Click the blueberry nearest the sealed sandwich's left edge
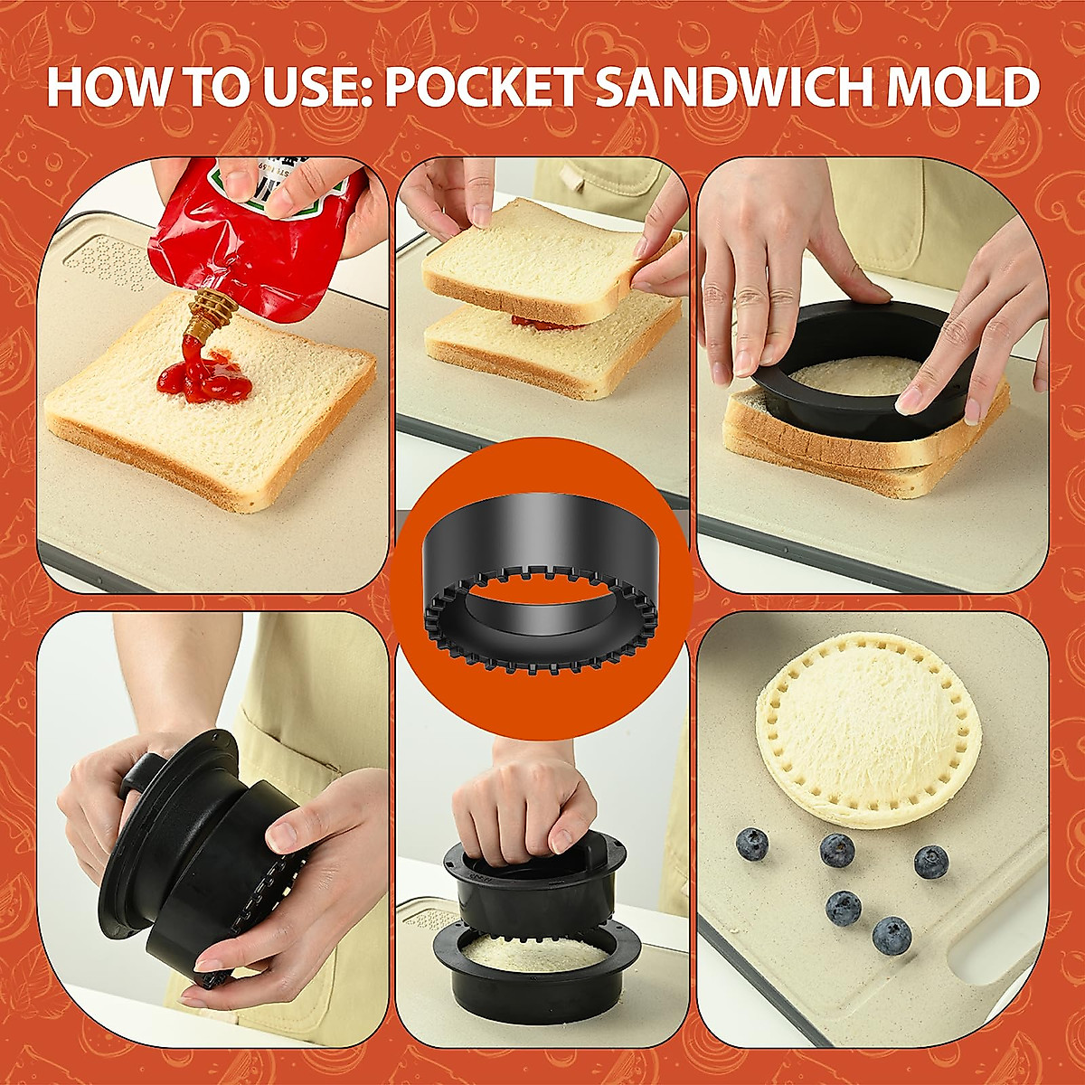751,844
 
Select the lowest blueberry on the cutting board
892,935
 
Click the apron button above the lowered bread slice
572,182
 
